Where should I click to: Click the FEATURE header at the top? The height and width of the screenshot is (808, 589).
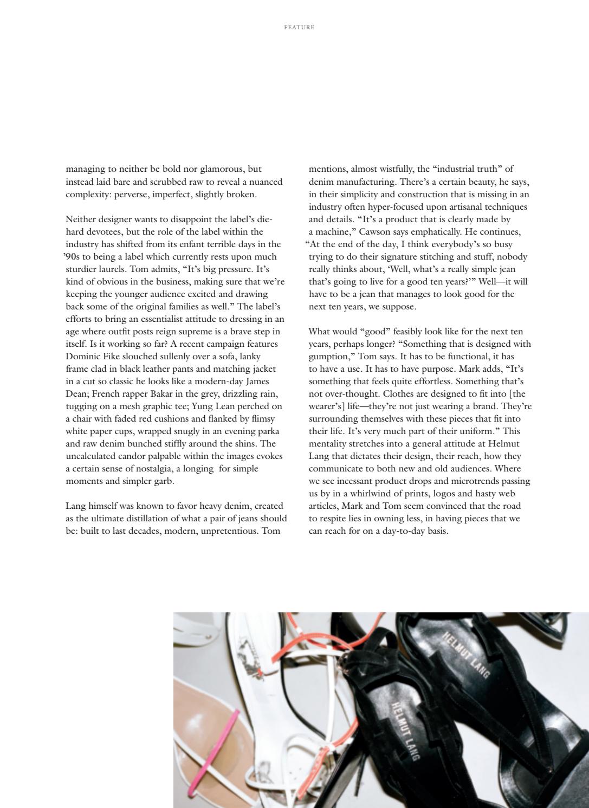[299, 27]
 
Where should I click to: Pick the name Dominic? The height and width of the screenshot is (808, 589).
[81, 356]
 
